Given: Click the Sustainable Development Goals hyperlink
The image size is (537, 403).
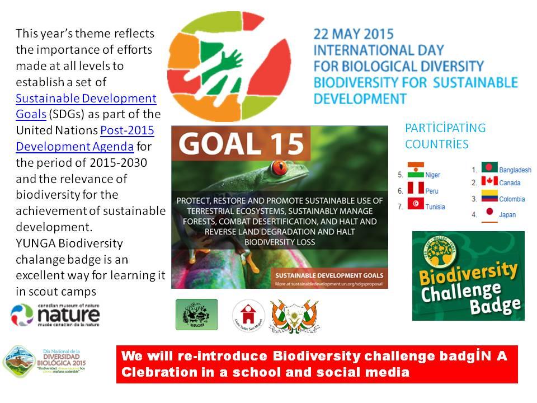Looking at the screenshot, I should (86, 99).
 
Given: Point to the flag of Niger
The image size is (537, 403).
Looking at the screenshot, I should (416, 170).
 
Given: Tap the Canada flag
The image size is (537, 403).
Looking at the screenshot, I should (489, 181).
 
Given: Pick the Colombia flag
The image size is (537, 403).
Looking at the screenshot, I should (489, 198).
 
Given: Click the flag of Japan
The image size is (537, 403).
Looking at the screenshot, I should (489, 213).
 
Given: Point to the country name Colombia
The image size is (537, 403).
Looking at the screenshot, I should (512, 199).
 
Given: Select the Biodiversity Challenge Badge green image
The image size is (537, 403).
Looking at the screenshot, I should (468, 275).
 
